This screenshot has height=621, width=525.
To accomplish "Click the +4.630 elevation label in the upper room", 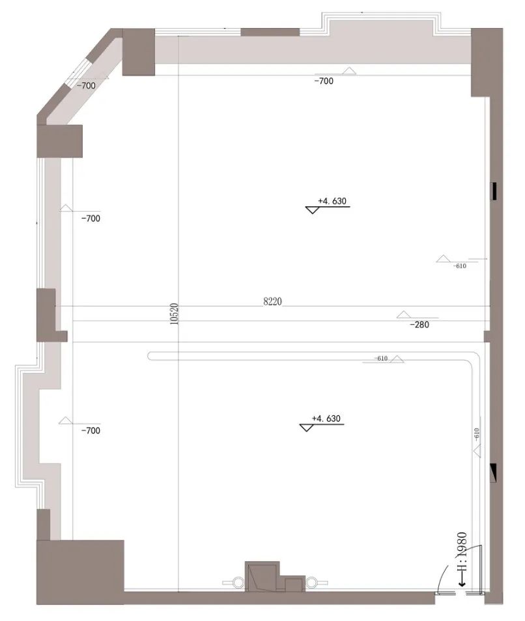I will pyautogui.click(x=332, y=201).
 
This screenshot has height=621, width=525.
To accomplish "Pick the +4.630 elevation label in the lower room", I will pyautogui.click(x=326, y=419).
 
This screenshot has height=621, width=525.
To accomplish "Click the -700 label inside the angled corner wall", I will pyautogui.click(x=86, y=85).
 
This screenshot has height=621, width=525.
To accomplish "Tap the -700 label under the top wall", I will pyautogui.click(x=324, y=81).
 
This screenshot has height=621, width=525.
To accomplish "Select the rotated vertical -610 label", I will pyautogui.click(x=477, y=434).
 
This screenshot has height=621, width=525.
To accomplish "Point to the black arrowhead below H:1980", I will pyautogui.click(x=462, y=583).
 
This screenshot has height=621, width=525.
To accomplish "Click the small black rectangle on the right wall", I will pyautogui.click(x=495, y=191).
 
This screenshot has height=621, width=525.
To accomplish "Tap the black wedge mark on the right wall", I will pyautogui.click(x=494, y=470).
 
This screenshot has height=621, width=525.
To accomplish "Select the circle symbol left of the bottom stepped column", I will pyautogui.click(x=230, y=581).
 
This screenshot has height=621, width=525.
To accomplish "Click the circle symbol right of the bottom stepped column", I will pyautogui.click(x=312, y=581).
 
